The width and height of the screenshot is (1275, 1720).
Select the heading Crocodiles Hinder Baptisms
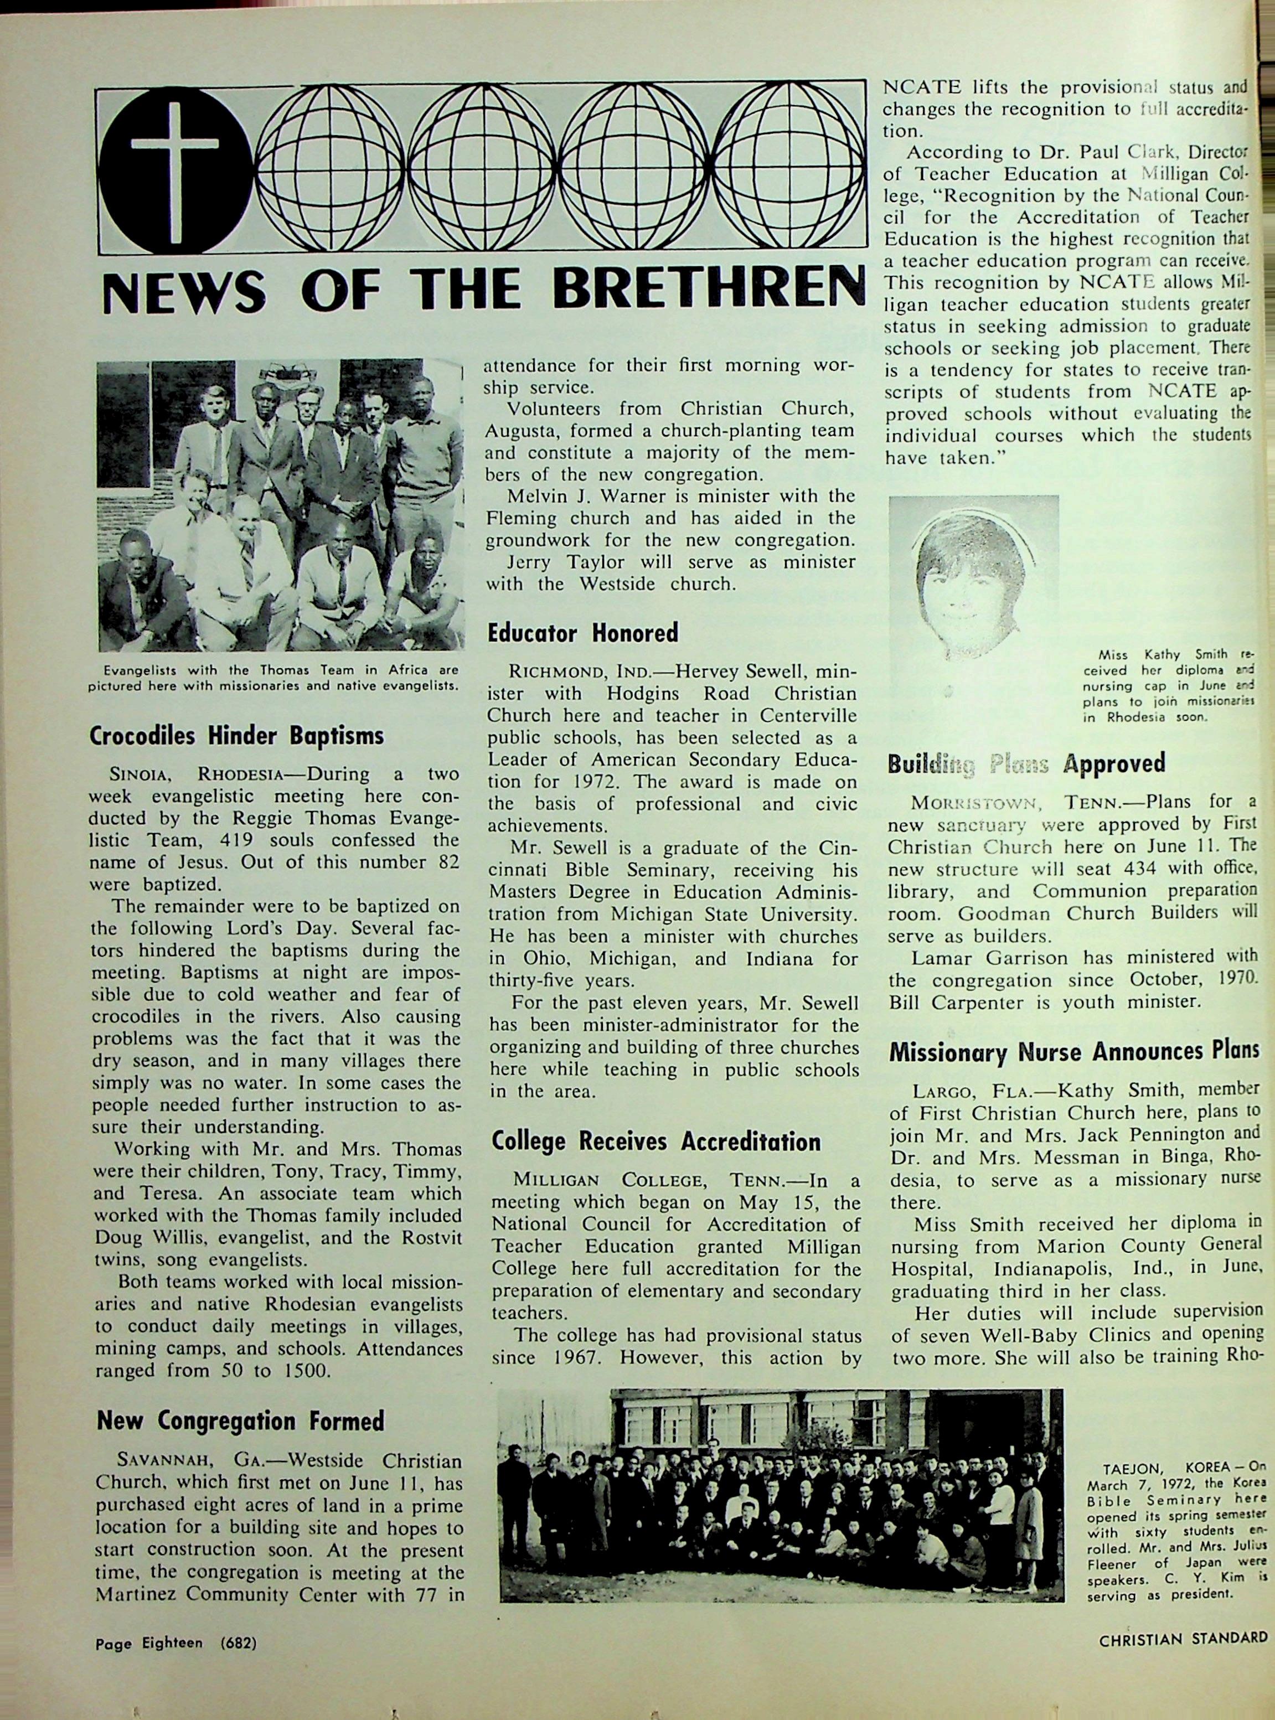pos(237,735)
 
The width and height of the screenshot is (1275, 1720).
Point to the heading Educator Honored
pos(583,633)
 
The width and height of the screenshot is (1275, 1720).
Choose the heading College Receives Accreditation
pos(656,1141)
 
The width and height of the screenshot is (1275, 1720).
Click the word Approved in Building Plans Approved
pos(1114,763)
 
